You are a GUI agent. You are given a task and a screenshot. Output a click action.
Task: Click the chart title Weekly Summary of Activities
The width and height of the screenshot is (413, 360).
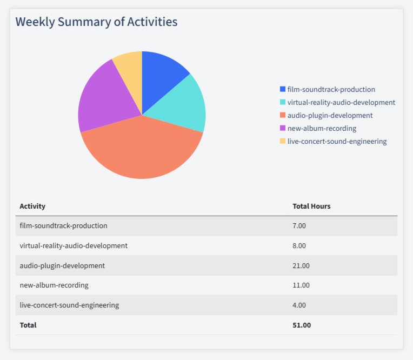pyautogui.click(x=96, y=22)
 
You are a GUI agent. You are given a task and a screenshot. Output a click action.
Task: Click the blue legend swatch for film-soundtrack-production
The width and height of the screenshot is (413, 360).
pyautogui.click(x=283, y=90)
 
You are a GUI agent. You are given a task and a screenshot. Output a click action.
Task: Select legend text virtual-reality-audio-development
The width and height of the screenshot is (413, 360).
pyautogui.click(x=341, y=103)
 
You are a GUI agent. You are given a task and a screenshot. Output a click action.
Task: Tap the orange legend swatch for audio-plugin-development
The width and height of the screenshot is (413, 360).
pyautogui.click(x=283, y=116)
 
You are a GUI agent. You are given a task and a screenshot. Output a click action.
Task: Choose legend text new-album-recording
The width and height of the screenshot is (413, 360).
pyautogui.click(x=322, y=129)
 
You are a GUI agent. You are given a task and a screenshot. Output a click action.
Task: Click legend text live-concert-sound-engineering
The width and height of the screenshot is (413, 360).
pyautogui.click(x=337, y=142)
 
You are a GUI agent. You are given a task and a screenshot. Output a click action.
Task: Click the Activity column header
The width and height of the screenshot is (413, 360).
pyautogui.click(x=32, y=206)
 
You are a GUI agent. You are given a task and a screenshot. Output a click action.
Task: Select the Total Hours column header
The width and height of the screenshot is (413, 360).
pyautogui.click(x=311, y=206)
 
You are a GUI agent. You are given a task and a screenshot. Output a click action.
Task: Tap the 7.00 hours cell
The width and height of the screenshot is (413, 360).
pyautogui.click(x=299, y=226)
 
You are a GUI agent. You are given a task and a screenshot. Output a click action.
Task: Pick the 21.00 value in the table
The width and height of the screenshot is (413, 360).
pyautogui.click(x=301, y=265)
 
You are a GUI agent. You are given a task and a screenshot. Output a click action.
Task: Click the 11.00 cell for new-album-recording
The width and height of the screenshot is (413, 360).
pyautogui.click(x=301, y=285)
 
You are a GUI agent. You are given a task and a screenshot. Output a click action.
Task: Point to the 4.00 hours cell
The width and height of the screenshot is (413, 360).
pyautogui.click(x=299, y=305)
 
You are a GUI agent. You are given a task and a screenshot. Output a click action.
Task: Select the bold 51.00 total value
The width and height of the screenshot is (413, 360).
pyautogui.click(x=302, y=325)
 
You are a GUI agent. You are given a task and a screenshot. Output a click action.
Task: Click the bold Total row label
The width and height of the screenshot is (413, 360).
pyautogui.click(x=28, y=325)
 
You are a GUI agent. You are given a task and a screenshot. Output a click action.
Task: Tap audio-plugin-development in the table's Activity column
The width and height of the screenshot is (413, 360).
pyautogui.click(x=62, y=265)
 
